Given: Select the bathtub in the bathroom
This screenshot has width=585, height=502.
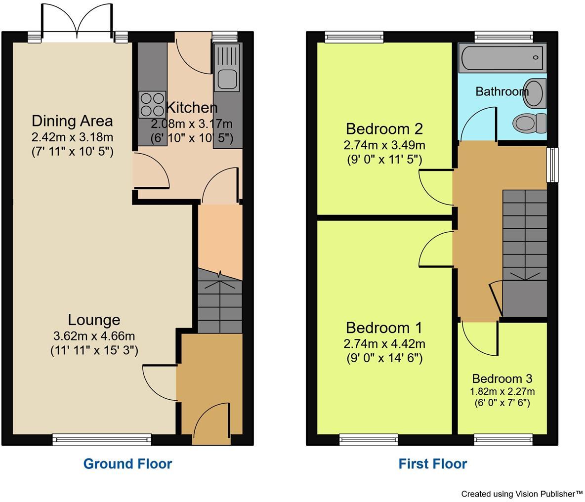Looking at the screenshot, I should (502, 58).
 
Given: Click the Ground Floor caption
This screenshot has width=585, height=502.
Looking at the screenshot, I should (127, 463).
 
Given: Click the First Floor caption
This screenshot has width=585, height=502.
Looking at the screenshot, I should (432, 463).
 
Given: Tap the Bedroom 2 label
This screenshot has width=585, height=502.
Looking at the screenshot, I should (384, 129).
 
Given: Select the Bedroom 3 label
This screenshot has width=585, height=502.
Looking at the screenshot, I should (502, 378).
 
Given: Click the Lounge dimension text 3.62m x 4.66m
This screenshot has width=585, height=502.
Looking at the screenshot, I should (94, 336).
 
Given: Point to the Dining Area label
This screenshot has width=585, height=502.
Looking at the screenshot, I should (72, 121).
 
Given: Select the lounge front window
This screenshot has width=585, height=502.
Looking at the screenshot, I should (102, 439).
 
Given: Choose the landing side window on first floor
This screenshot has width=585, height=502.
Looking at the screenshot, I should (552, 165).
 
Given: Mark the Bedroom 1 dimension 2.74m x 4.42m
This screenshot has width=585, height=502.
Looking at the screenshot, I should (384, 344).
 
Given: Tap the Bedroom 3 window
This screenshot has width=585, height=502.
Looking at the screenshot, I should (503, 439).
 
